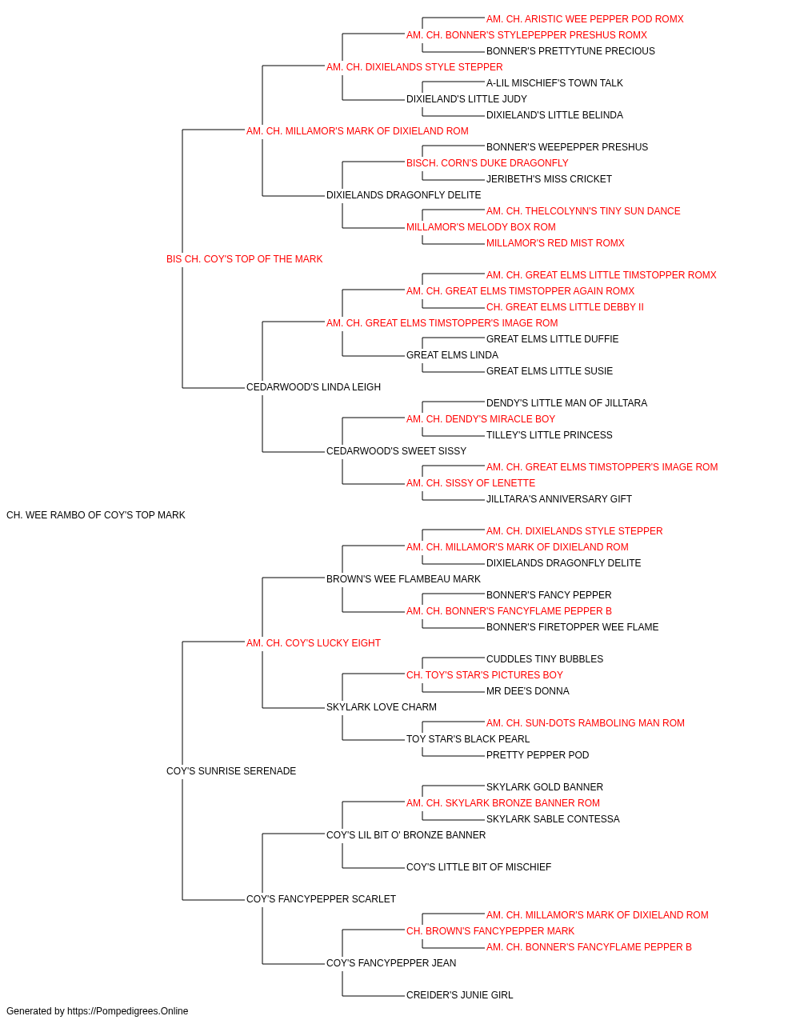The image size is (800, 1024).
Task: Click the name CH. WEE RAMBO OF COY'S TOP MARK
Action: point(96,515)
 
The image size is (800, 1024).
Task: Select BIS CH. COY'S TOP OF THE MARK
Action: point(244,259)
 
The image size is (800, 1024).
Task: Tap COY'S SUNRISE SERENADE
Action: point(231,771)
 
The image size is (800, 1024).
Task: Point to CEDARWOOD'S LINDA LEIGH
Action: point(314,387)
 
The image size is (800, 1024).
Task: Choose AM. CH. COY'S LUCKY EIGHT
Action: point(314,643)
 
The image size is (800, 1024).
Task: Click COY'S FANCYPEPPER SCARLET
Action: point(321,899)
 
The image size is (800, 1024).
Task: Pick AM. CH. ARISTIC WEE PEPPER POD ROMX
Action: point(585,19)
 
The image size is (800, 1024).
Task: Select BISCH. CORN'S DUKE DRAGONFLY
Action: point(487,163)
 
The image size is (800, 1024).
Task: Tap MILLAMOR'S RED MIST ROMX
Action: point(555,243)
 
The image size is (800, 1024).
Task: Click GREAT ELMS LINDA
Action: point(452,355)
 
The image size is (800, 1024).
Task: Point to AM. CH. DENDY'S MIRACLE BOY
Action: point(481,419)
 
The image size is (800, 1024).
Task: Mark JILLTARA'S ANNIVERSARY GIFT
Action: point(558,499)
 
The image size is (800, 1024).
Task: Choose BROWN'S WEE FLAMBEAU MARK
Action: point(403,579)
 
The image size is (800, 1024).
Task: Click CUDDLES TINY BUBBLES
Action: point(545,659)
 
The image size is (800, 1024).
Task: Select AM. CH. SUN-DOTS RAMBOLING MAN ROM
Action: point(585,723)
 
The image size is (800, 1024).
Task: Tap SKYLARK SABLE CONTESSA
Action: point(553,819)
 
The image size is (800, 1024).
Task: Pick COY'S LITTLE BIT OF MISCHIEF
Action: point(478,867)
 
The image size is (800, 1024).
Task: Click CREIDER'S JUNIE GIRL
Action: point(459,995)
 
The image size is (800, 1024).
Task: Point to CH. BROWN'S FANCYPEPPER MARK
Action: point(490,931)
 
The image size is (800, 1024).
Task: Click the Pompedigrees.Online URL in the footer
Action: point(127,1011)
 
